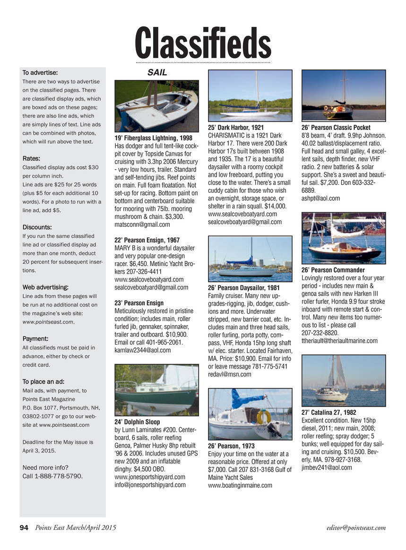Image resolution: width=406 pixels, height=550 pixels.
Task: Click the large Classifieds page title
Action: click(203, 43)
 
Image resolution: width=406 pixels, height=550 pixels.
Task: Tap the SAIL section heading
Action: click(157, 72)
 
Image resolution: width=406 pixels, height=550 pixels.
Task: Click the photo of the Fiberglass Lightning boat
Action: click(157, 106)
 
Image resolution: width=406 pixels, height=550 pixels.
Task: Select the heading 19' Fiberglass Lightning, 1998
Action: click(153, 137)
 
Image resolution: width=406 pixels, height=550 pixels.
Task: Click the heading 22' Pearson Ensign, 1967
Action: click(147, 241)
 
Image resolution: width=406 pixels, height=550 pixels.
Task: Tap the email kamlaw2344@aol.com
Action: click(143, 350)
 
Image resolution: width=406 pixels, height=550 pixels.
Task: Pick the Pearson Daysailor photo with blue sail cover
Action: click(250, 257)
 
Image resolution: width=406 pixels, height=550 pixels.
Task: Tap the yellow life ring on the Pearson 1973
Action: click(264, 416)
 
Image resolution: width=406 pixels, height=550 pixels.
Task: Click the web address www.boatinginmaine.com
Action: click(240, 485)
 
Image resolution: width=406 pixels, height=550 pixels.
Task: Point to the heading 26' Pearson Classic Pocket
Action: click(336, 128)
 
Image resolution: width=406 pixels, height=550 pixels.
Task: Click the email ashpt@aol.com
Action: click(320, 198)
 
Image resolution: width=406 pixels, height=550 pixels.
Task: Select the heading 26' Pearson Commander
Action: click(333, 270)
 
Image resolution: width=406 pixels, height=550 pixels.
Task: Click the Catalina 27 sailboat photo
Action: click(343, 378)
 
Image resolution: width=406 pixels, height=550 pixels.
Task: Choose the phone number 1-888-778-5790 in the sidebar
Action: click(53, 476)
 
